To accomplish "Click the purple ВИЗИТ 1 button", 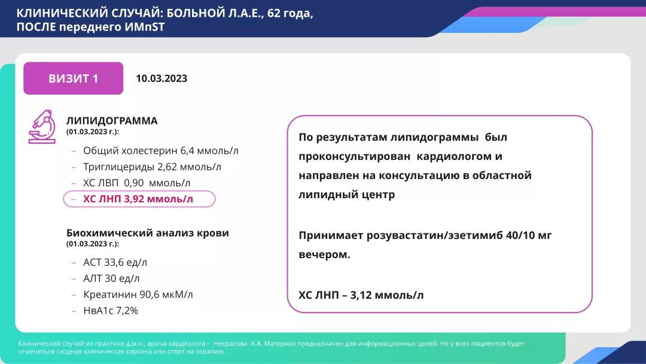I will [73, 78].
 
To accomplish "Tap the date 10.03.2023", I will [161, 78].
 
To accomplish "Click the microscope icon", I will [41, 126].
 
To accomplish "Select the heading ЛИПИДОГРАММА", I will [112, 120].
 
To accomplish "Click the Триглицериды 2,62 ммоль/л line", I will [152, 167].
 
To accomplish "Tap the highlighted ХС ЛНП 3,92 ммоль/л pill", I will [139, 199].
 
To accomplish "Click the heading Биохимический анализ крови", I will [148, 233].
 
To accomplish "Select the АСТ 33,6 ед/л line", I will [115, 262].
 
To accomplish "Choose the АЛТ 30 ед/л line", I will [111, 278].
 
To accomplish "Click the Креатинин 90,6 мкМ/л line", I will [138, 295].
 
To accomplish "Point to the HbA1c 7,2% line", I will [111, 310].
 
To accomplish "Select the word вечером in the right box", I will [324, 254].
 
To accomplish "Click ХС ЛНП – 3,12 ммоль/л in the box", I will [361, 295].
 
